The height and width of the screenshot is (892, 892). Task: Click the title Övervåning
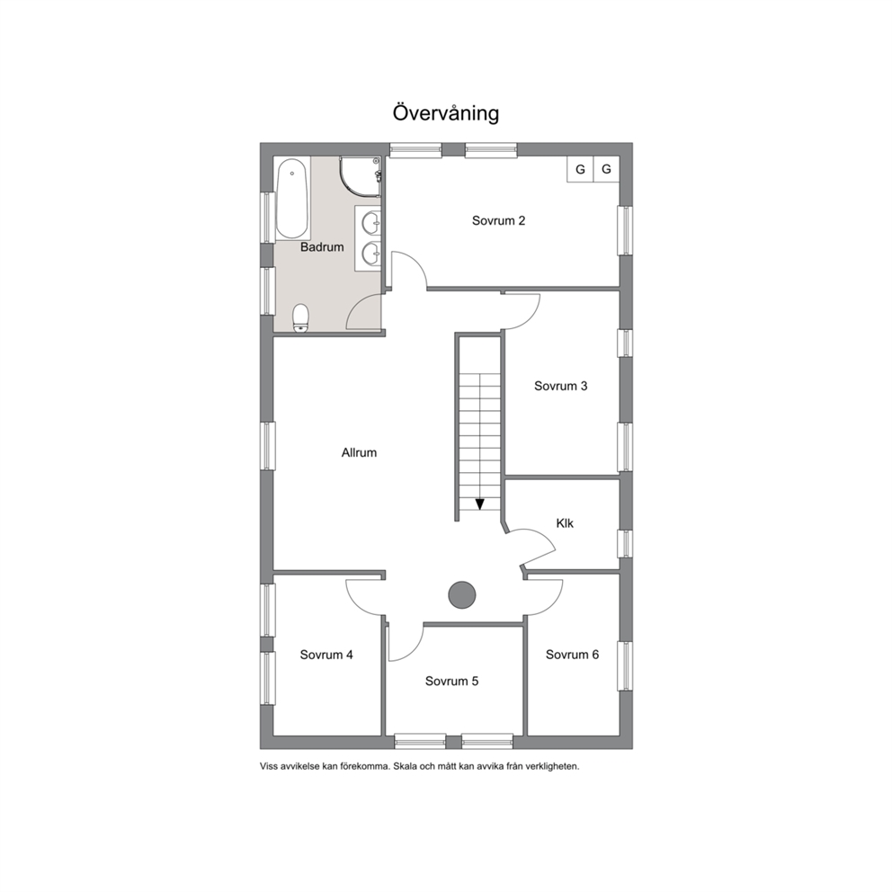[446, 113]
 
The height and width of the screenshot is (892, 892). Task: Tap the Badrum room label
[322, 247]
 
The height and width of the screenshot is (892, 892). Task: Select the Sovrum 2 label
[498, 220]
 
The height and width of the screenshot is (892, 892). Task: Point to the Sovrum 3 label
[560, 387]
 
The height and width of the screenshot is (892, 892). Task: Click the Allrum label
[359, 453]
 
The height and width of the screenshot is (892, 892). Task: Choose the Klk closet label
[565, 523]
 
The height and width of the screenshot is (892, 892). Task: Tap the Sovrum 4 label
[326, 655]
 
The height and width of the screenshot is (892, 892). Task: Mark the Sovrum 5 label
[451, 681]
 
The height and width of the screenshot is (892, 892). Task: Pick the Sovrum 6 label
[572, 655]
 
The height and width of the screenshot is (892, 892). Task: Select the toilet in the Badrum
[300, 318]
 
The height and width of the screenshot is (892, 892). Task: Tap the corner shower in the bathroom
[360, 176]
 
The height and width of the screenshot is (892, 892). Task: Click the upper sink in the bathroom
[370, 221]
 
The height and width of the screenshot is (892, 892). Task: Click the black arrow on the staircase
[480, 504]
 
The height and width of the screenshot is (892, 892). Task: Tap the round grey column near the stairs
[462, 595]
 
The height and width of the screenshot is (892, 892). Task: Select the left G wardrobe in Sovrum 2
[580, 169]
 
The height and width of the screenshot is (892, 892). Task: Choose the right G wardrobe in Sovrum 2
[606, 169]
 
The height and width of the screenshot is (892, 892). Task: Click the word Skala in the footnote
[405, 766]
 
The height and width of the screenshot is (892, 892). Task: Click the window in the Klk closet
[625, 543]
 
